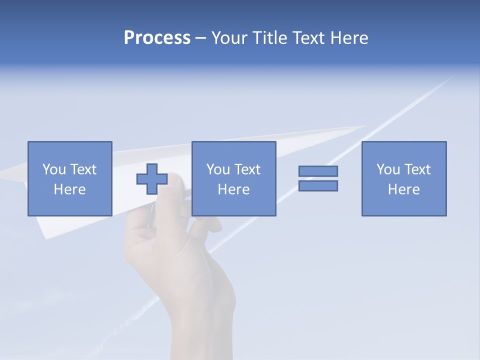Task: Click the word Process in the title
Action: pos(157,38)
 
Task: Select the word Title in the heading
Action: pos(270,38)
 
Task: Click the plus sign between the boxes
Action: pos(152,179)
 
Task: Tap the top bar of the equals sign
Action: pos(318,171)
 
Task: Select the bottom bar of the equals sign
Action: pos(318,185)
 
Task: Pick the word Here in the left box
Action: pos(69,189)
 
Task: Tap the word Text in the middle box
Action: pos(247,169)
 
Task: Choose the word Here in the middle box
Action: pos(233,189)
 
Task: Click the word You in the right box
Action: pos(388,169)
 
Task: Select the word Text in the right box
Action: pos(417,169)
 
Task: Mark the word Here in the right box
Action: pos(403,189)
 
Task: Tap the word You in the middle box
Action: pos(218,169)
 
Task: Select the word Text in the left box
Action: pos(83,169)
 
